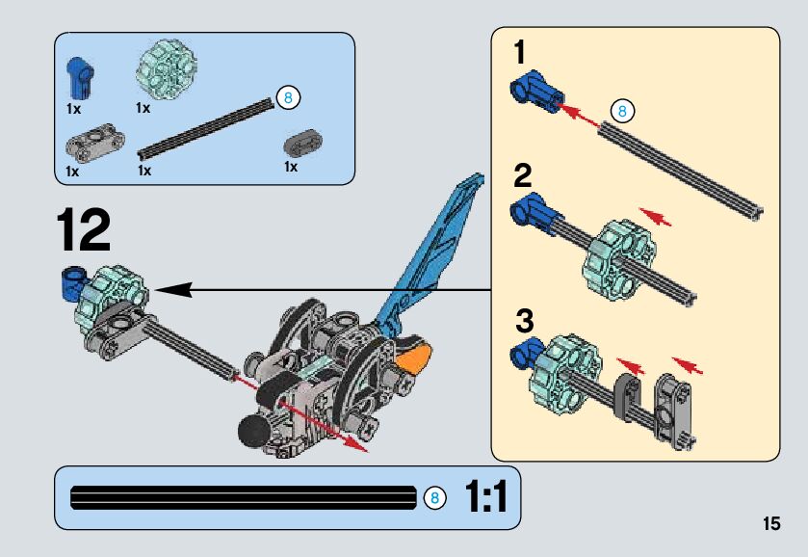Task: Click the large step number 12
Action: pyautogui.click(x=83, y=230)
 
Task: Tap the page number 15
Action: pyautogui.click(x=769, y=524)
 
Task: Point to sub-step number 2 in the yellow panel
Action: pyautogui.click(x=522, y=175)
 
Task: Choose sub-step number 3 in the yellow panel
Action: pyautogui.click(x=523, y=319)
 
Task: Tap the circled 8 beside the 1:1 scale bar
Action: pyautogui.click(x=434, y=498)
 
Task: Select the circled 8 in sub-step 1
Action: pyautogui.click(x=622, y=111)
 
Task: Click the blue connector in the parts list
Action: pyautogui.click(x=78, y=77)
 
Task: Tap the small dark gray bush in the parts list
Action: pyautogui.click(x=302, y=143)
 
